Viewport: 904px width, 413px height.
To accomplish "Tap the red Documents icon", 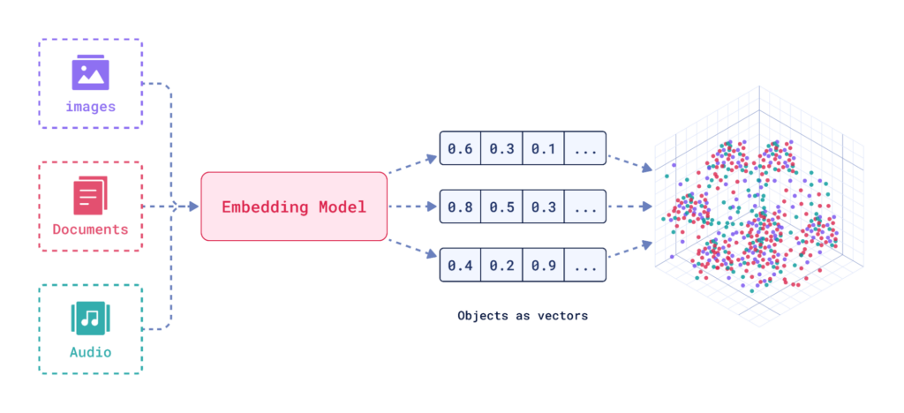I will (90, 195).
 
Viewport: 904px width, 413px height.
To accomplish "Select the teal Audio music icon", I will (90, 319).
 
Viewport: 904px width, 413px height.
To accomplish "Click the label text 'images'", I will (90, 107).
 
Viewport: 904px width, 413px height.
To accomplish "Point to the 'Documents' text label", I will (90, 229).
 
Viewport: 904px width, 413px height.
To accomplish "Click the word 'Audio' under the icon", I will (90, 352).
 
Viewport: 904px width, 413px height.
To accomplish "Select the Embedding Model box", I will (294, 206).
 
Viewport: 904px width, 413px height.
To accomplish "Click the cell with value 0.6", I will (460, 147).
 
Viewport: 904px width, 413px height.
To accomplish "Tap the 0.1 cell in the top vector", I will (543, 147).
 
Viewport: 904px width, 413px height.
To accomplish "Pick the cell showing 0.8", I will (460, 206).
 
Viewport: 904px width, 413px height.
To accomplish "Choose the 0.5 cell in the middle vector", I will (501, 206).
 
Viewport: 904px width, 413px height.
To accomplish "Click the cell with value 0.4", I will (460, 265).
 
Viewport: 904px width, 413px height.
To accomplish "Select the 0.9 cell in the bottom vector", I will (543, 265).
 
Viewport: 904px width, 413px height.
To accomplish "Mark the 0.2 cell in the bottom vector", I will (501, 265).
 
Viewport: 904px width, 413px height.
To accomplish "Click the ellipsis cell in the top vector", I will (585, 147).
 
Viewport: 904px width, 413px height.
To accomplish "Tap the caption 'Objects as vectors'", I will (523, 314).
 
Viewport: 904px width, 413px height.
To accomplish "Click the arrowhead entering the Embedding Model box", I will (193, 206).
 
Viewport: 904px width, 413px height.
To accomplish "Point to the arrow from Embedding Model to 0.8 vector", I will (413, 206).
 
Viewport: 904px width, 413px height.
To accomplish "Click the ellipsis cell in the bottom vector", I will (585, 265).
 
